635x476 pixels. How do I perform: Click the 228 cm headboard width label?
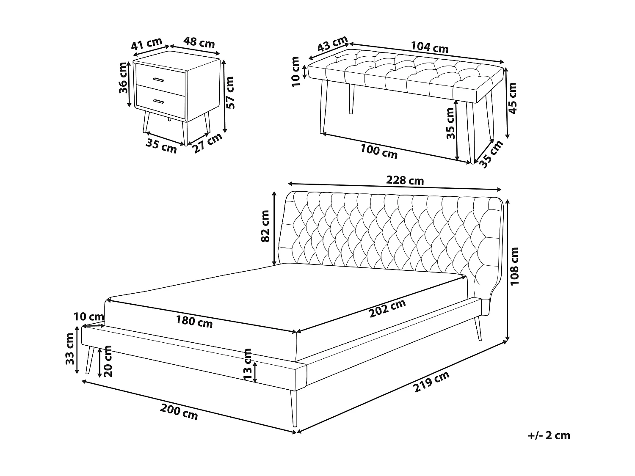(x=405, y=180)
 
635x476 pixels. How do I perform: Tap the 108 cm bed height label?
(x=514, y=267)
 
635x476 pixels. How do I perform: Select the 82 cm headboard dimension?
(x=265, y=226)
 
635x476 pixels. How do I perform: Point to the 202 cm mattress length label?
(x=387, y=308)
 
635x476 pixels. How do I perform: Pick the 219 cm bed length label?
(x=431, y=382)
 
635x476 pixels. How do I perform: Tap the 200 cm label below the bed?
(x=179, y=411)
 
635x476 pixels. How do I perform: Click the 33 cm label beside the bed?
(x=70, y=349)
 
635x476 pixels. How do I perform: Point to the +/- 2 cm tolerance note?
(x=549, y=435)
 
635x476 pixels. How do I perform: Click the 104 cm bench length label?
(x=429, y=47)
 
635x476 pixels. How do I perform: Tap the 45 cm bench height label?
(x=513, y=98)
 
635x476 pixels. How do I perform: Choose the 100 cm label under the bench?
(x=379, y=151)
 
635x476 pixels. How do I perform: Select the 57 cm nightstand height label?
(x=230, y=93)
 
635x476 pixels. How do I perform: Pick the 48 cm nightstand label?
(x=199, y=43)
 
